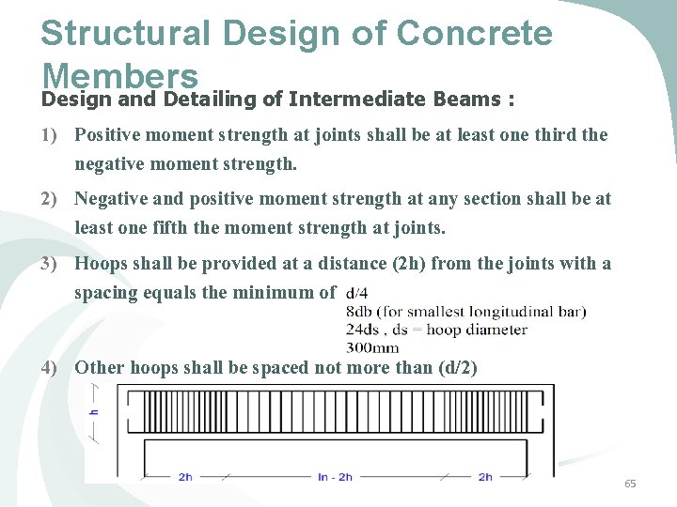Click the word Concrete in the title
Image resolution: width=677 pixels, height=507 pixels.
tap(474, 34)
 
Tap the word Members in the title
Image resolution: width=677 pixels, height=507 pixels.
tap(119, 75)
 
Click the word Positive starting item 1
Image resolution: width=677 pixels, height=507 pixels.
tap(108, 135)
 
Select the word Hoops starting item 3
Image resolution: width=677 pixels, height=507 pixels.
tap(101, 264)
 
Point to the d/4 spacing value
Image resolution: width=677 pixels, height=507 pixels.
tap(358, 294)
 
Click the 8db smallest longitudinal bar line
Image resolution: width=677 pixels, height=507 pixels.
tap(465, 312)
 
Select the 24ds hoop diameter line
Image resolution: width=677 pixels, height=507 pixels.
tap(436, 330)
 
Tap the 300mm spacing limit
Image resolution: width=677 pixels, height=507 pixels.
tap(372, 346)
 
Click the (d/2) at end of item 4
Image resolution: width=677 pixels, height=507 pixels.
tap(458, 368)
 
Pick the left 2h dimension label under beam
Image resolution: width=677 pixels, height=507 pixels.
tap(186, 477)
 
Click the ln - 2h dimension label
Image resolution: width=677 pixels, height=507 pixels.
tap(335, 477)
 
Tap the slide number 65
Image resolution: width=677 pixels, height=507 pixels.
tap(630, 484)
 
